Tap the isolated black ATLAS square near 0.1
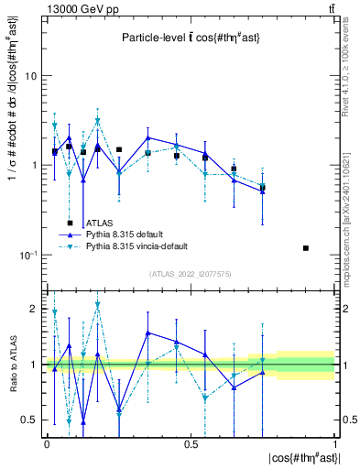(x=306, y=248)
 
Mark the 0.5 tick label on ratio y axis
(x=30, y=420)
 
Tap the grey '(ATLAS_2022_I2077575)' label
(x=191, y=274)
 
